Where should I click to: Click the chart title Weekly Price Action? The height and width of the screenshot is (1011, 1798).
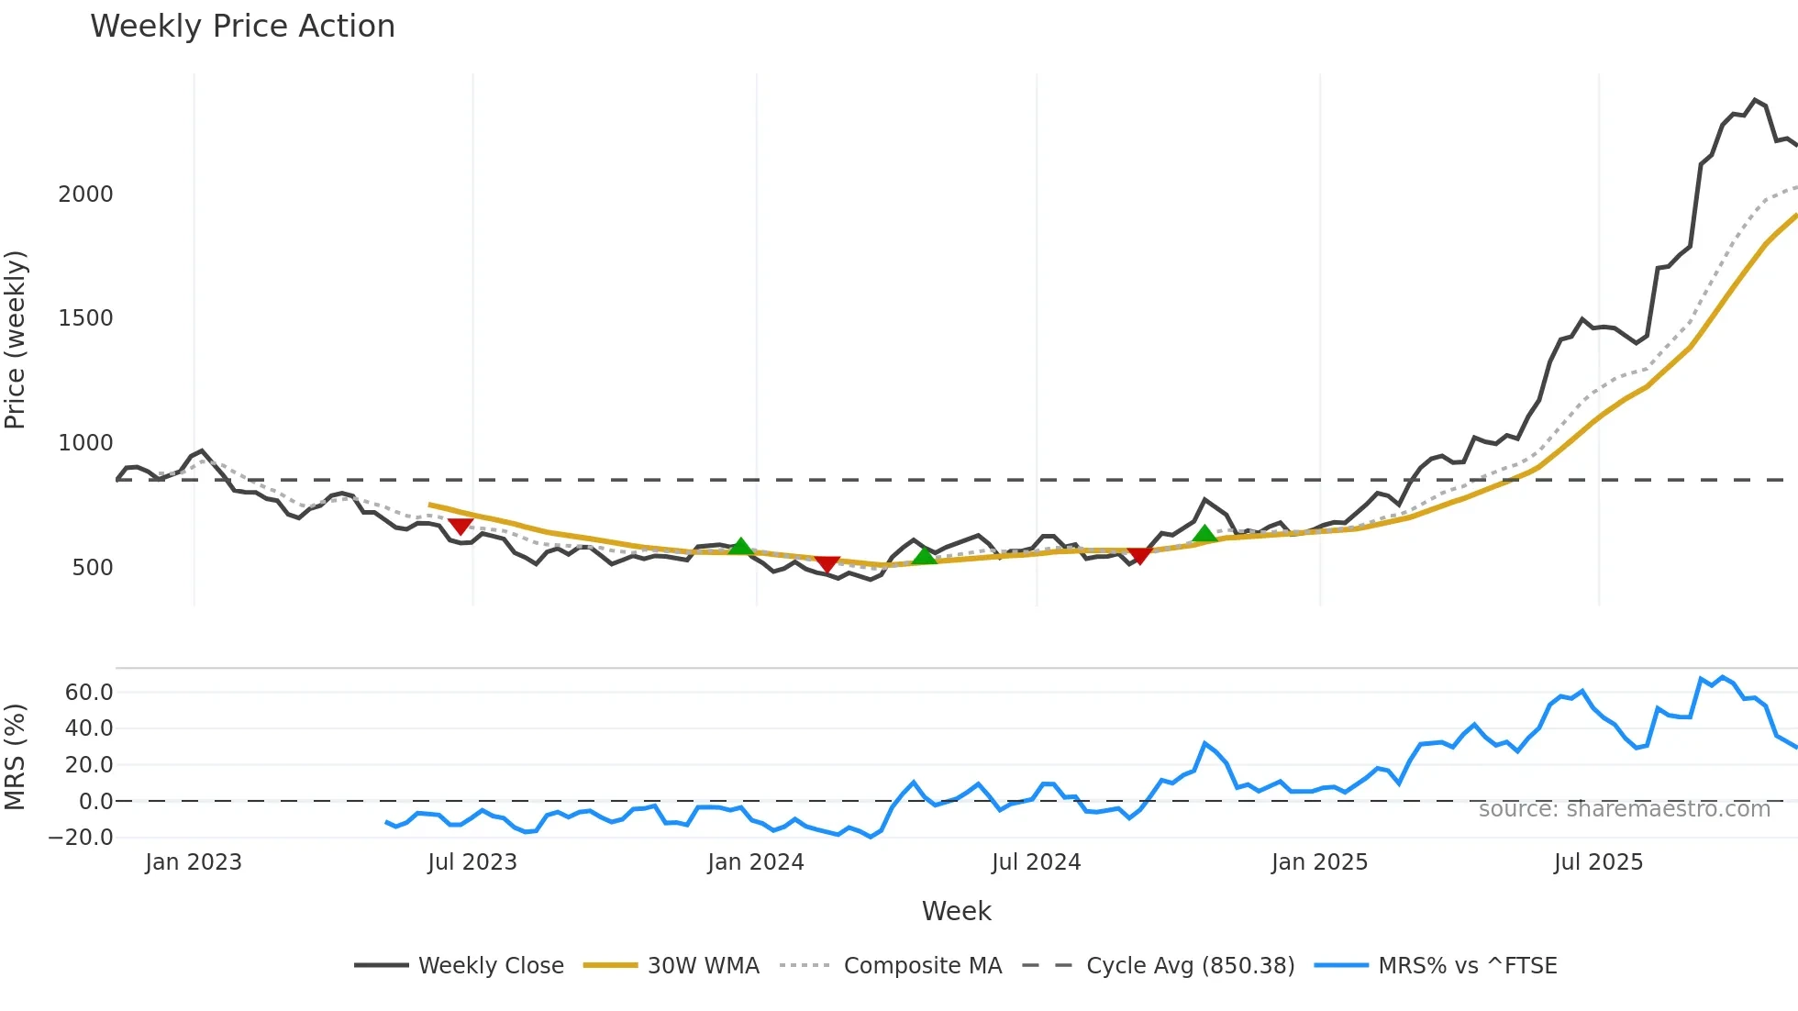click(242, 27)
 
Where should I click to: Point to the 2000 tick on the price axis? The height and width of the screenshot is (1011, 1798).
click(85, 194)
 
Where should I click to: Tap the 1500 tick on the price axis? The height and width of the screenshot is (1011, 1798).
click(85, 318)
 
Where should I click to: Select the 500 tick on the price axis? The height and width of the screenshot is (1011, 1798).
click(92, 568)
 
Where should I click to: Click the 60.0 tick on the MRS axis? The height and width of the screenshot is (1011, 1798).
click(89, 693)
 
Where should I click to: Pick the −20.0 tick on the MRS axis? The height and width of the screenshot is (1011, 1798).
click(81, 838)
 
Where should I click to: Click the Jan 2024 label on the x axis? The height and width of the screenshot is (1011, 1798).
click(755, 862)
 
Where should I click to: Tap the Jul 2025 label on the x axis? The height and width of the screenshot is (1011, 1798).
click(1598, 862)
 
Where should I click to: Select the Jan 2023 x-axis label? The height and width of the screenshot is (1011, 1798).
click(194, 862)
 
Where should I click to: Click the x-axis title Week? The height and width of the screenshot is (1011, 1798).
click(956, 911)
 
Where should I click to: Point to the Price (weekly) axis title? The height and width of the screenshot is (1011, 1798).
click(16, 339)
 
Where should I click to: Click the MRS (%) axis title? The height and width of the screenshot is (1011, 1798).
click(16, 757)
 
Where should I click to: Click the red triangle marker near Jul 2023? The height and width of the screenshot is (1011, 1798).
click(461, 525)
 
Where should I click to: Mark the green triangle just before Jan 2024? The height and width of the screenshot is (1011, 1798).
click(740, 547)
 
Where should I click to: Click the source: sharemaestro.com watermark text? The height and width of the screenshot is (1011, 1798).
click(1624, 809)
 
